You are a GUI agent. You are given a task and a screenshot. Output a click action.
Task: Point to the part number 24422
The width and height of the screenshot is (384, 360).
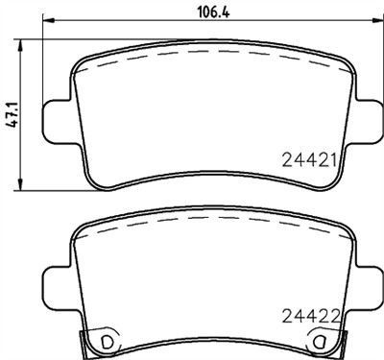coord(308,314)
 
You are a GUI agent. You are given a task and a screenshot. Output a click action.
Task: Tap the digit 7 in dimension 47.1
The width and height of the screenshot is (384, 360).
coord(12,108)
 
